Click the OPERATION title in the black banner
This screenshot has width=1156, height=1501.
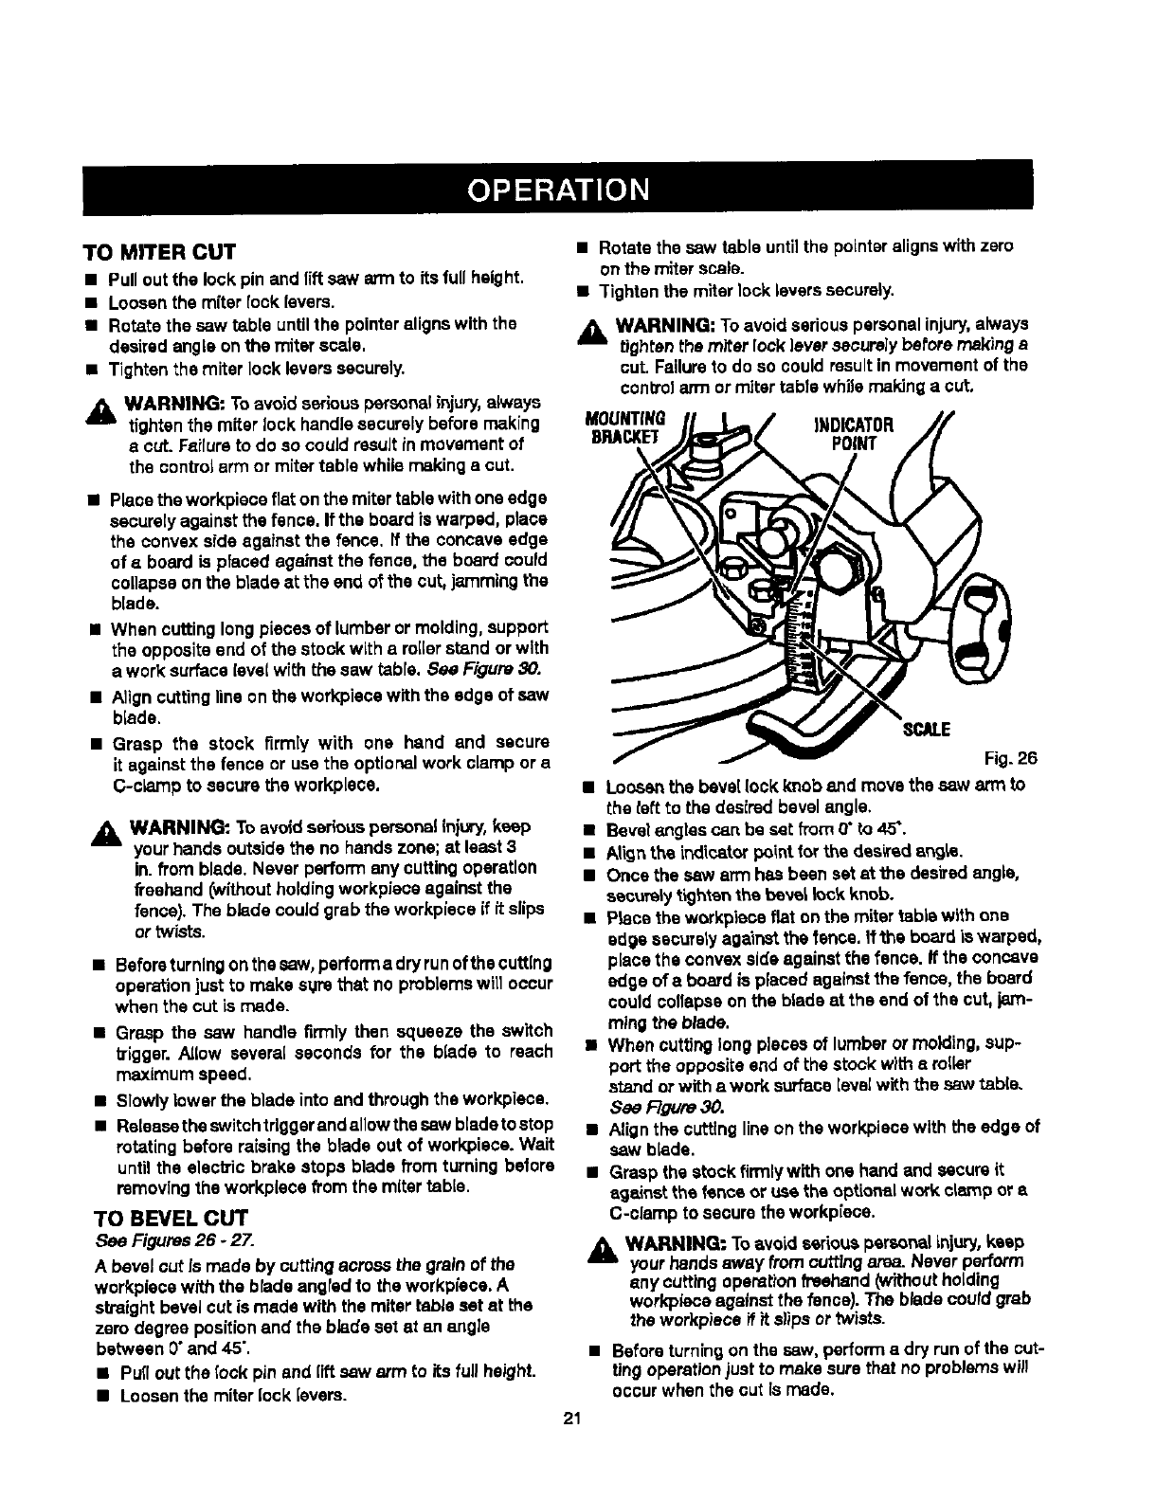click(556, 189)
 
